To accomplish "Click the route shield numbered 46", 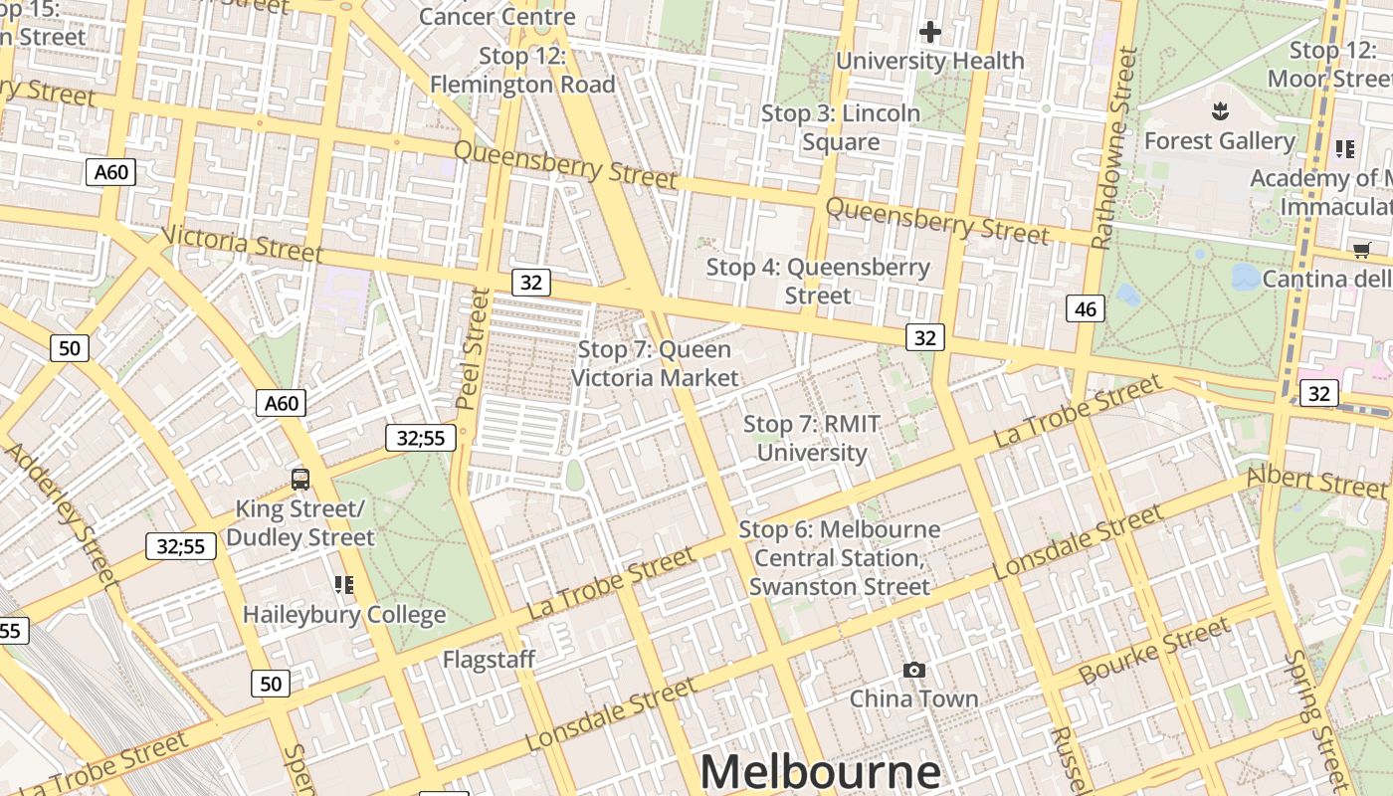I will click(1086, 309).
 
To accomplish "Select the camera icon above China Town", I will click(913, 671).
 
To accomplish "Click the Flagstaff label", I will click(489, 660).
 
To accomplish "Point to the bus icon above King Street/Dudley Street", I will click(300, 480).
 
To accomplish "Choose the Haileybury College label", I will click(344, 614).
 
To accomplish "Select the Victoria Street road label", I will click(242, 244).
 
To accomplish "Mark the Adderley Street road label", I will click(62, 514).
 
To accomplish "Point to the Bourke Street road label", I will click(1154, 651).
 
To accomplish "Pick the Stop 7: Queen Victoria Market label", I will click(655, 363).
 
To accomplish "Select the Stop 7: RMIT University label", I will click(812, 439).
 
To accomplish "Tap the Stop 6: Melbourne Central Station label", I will click(840, 557).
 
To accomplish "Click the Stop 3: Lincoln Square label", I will click(841, 127).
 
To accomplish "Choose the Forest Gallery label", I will click(1219, 141).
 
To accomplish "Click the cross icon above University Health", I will click(930, 33).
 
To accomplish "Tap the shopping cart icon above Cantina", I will click(1361, 251).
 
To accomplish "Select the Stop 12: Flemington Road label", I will click(522, 71).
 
